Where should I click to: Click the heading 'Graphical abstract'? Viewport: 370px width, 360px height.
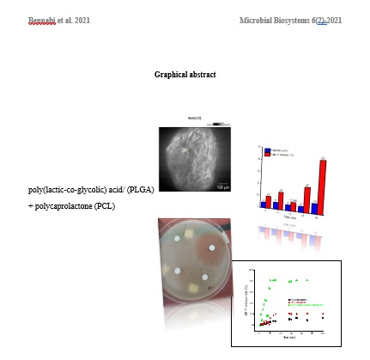(x=185, y=75)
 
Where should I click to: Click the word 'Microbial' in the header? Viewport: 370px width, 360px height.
(x=258, y=19)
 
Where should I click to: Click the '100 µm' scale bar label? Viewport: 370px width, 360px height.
(x=222, y=186)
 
